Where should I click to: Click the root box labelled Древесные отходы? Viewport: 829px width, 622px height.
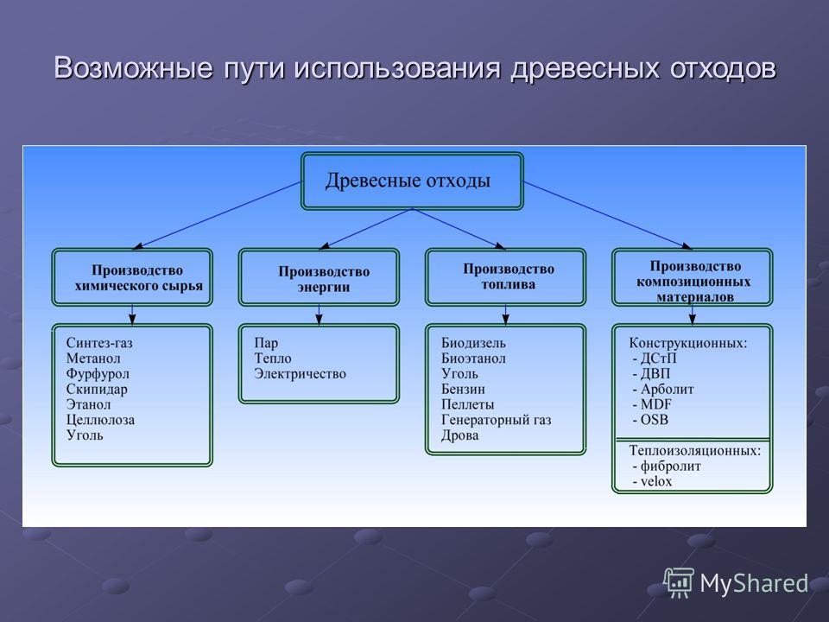pyautogui.click(x=413, y=181)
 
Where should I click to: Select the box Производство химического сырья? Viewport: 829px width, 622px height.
pyautogui.click(x=132, y=277)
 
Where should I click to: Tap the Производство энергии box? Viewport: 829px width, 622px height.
pyautogui.click(x=319, y=277)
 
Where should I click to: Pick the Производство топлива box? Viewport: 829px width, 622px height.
pyautogui.click(x=506, y=277)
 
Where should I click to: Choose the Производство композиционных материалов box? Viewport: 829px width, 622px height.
pyautogui.click(x=693, y=277)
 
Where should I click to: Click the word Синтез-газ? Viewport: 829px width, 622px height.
pyautogui.click(x=99, y=343)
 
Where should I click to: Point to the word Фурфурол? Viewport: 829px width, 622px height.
pyautogui.click(x=98, y=374)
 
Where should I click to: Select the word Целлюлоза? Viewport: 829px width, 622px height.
pyautogui.click(x=100, y=420)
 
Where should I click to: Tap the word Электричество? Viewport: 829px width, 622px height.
pyautogui.click(x=300, y=374)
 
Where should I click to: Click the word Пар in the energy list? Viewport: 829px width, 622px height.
pyautogui.click(x=266, y=343)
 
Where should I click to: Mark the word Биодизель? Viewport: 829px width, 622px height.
pyautogui.click(x=474, y=343)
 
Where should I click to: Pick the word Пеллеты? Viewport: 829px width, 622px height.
pyautogui.click(x=468, y=404)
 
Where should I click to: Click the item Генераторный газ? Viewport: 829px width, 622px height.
pyautogui.click(x=497, y=420)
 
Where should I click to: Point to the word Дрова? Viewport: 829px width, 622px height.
pyautogui.click(x=460, y=435)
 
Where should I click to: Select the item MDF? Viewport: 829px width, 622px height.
pyautogui.click(x=656, y=404)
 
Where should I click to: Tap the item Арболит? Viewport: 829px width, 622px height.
pyautogui.click(x=668, y=390)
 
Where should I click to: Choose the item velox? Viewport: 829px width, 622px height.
pyautogui.click(x=656, y=482)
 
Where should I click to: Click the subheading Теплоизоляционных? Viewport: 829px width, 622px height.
pyautogui.click(x=695, y=451)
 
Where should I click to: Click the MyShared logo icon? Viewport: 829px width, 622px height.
pyautogui.click(x=679, y=583)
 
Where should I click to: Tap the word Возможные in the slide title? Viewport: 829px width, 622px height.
pyautogui.click(x=133, y=67)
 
